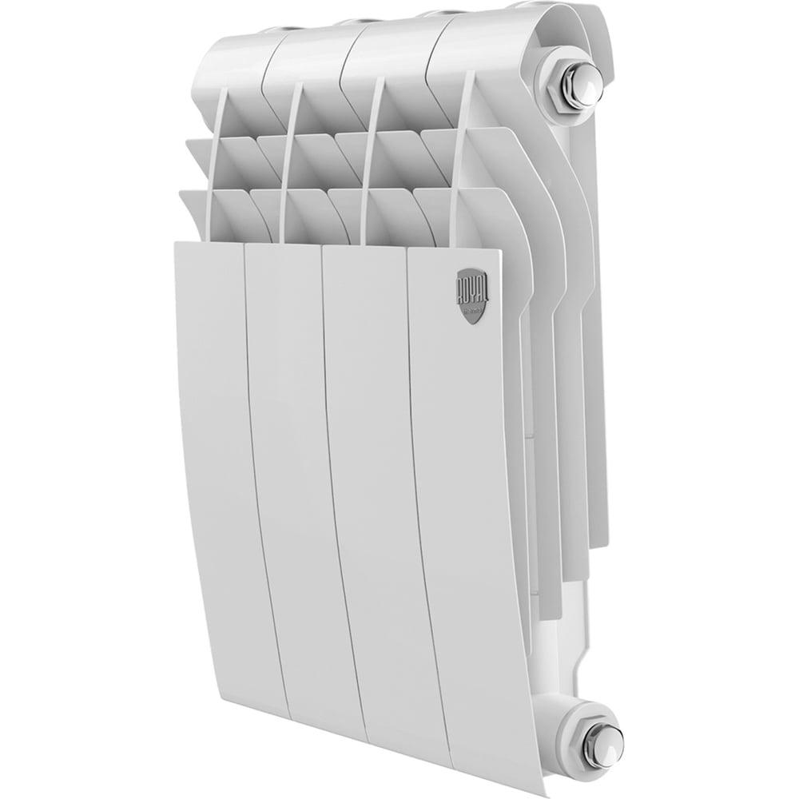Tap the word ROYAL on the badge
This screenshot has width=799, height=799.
pos(471,288)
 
